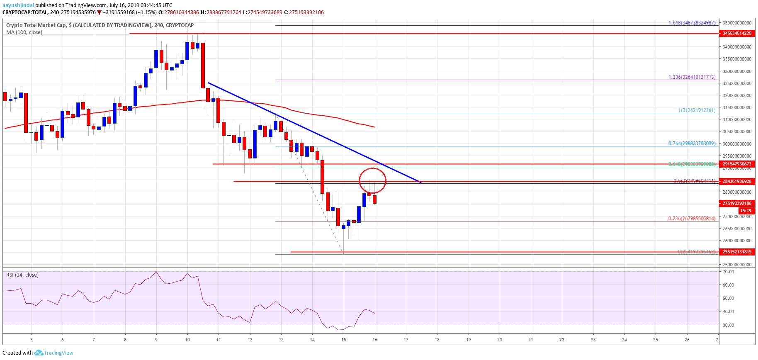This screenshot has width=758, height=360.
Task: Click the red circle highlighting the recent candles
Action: click(372, 181)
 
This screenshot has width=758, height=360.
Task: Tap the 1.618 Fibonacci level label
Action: click(692, 23)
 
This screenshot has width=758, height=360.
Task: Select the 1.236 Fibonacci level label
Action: click(692, 77)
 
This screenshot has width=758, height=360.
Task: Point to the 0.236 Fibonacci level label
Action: click(692, 219)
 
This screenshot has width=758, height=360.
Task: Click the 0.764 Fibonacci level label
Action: click(692, 144)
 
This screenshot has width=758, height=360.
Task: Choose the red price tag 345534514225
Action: click(736, 33)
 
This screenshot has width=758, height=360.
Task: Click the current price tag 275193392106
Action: click(736, 203)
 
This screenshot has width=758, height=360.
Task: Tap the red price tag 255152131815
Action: click(736, 252)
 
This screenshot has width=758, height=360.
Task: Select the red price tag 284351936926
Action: click(736, 181)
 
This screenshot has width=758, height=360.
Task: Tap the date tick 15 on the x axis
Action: click(344, 340)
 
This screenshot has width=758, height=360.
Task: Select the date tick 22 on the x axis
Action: click(562, 340)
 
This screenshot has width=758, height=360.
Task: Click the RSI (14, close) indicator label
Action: click(22, 275)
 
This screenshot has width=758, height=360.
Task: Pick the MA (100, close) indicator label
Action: click(24, 32)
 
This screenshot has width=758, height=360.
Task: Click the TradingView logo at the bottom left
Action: click(54, 353)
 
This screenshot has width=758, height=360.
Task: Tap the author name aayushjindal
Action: click(18, 5)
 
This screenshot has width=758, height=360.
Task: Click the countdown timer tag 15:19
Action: click(746, 211)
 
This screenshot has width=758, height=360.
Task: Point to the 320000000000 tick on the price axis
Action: click(736, 95)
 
